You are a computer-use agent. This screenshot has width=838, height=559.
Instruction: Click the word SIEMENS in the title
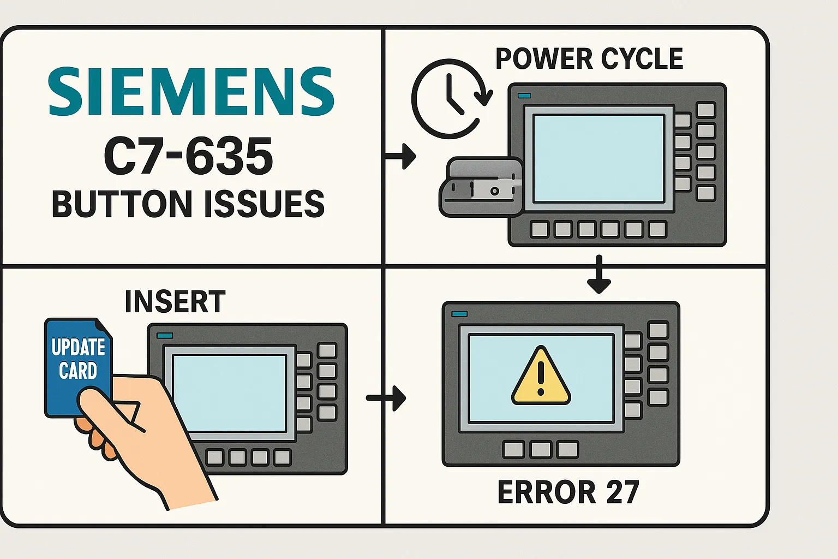pos(191,92)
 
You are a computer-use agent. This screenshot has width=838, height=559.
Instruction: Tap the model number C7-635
pos(188,156)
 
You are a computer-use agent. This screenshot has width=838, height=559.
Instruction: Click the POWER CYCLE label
pos(589,59)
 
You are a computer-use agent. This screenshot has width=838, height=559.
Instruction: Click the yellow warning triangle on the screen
pos(541,377)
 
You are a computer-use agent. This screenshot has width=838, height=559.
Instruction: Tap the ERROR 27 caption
pos(568,492)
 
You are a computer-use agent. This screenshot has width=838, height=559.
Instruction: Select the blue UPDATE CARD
pos(77,360)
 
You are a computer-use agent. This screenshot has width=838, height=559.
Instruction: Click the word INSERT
pos(175,302)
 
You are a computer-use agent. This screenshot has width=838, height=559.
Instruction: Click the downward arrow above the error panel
pos(599,276)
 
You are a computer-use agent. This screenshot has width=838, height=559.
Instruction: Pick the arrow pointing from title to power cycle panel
pos(401,157)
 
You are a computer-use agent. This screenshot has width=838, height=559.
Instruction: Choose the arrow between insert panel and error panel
pos(387,398)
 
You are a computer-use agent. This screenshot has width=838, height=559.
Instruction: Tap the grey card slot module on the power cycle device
pos(480,187)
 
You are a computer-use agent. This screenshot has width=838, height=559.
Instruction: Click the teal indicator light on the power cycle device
pos(524,96)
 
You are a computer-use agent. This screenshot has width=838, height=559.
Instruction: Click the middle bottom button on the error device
pos(541,450)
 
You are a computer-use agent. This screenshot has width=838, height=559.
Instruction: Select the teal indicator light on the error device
pos(459,314)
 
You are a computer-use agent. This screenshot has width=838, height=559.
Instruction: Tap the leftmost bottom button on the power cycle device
pos(540,229)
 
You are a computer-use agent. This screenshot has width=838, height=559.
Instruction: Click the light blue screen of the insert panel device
pos(229,393)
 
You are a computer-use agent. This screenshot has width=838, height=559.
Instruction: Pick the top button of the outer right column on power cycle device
pos(706,110)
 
